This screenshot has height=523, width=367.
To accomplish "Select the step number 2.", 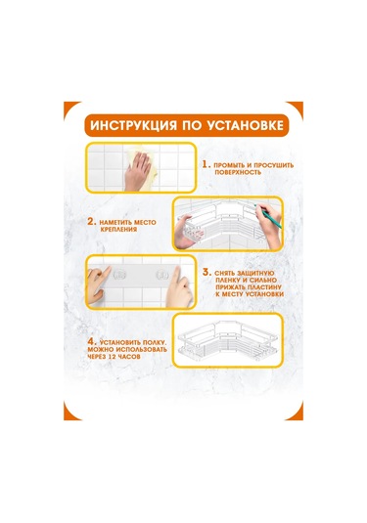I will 92,223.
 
